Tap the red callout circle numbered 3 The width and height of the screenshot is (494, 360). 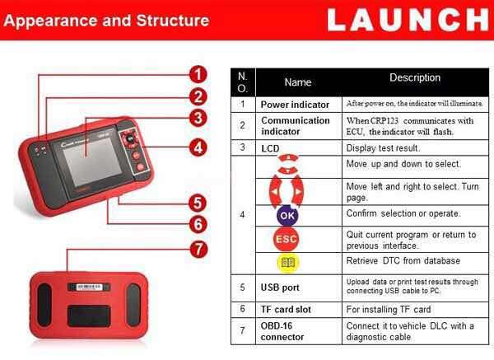tap(198, 118)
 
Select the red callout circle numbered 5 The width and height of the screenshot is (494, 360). tap(198, 202)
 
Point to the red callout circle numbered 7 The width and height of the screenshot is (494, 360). tap(198, 248)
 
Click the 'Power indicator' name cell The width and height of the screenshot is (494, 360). tap(295, 105)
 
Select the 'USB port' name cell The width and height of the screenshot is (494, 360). tap(280, 288)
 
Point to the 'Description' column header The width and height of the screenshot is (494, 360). tap(415, 78)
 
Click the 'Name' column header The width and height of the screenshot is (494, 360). tap(297, 82)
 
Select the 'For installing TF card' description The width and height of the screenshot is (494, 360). tap(388, 309)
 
